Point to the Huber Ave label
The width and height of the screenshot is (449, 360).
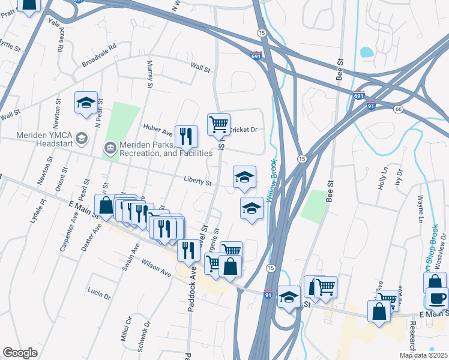click(x=157, y=127)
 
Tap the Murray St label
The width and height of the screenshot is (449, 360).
click(x=149, y=73)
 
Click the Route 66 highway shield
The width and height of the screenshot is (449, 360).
click(x=398, y=109)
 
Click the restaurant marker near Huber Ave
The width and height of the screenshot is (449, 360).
click(x=186, y=136)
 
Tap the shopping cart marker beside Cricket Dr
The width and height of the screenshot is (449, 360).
click(x=218, y=124)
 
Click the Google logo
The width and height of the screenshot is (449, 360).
click(x=20, y=353)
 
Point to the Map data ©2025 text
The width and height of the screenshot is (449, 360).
click(x=423, y=355)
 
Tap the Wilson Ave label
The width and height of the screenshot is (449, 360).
click(x=157, y=268)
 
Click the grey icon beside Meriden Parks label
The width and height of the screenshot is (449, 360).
click(x=110, y=147)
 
